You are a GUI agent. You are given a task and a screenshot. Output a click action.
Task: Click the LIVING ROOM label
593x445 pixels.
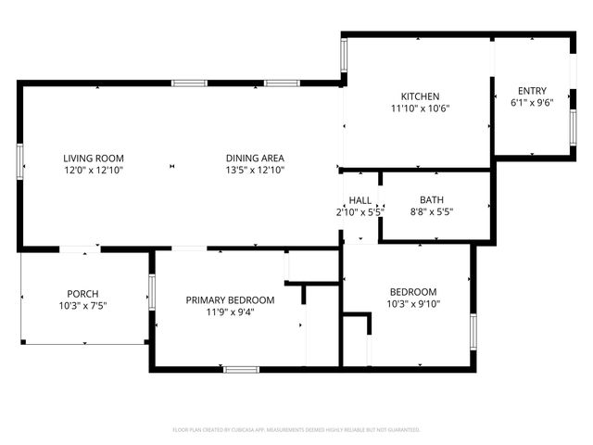tap(94, 158)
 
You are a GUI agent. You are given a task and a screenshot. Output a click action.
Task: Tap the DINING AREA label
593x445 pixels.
tap(255, 158)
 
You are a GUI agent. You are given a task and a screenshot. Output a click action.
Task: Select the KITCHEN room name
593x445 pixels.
tap(419, 96)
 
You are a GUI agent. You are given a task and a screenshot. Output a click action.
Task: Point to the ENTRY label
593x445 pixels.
tap(532, 91)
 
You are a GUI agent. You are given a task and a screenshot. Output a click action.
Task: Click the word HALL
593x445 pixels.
tap(360, 200)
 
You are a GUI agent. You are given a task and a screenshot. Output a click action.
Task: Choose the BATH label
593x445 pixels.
tap(432, 199)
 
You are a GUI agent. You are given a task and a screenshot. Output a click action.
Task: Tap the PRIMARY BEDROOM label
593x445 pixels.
tap(230, 299)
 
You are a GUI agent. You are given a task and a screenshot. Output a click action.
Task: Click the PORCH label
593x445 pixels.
tap(82, 294)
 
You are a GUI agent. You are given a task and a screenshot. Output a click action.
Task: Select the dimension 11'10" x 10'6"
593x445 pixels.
tap(419, 108)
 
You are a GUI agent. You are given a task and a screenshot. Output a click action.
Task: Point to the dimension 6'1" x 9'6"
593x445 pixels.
tap(532, 103)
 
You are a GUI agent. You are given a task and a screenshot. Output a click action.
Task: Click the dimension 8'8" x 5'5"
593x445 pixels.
tap(432, 211)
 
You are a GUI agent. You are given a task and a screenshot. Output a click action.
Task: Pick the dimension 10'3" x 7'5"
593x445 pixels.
tap(82, 306)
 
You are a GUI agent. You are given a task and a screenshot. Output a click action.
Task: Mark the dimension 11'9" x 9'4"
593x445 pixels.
tap(230, 311)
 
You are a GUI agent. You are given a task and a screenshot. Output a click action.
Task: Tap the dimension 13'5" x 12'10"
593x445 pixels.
tap(255, 170)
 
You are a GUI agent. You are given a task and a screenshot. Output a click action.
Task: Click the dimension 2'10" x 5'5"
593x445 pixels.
tap(358, 212)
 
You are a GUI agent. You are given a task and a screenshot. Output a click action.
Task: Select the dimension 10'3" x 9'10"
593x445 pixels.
tap(412, 304)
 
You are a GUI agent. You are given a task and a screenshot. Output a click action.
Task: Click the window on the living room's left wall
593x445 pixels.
tap(19, 161)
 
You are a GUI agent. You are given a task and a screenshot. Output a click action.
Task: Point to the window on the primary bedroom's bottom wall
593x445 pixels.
tap(242, 369)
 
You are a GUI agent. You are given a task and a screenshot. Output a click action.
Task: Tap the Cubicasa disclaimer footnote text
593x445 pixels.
tap(296, 429)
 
